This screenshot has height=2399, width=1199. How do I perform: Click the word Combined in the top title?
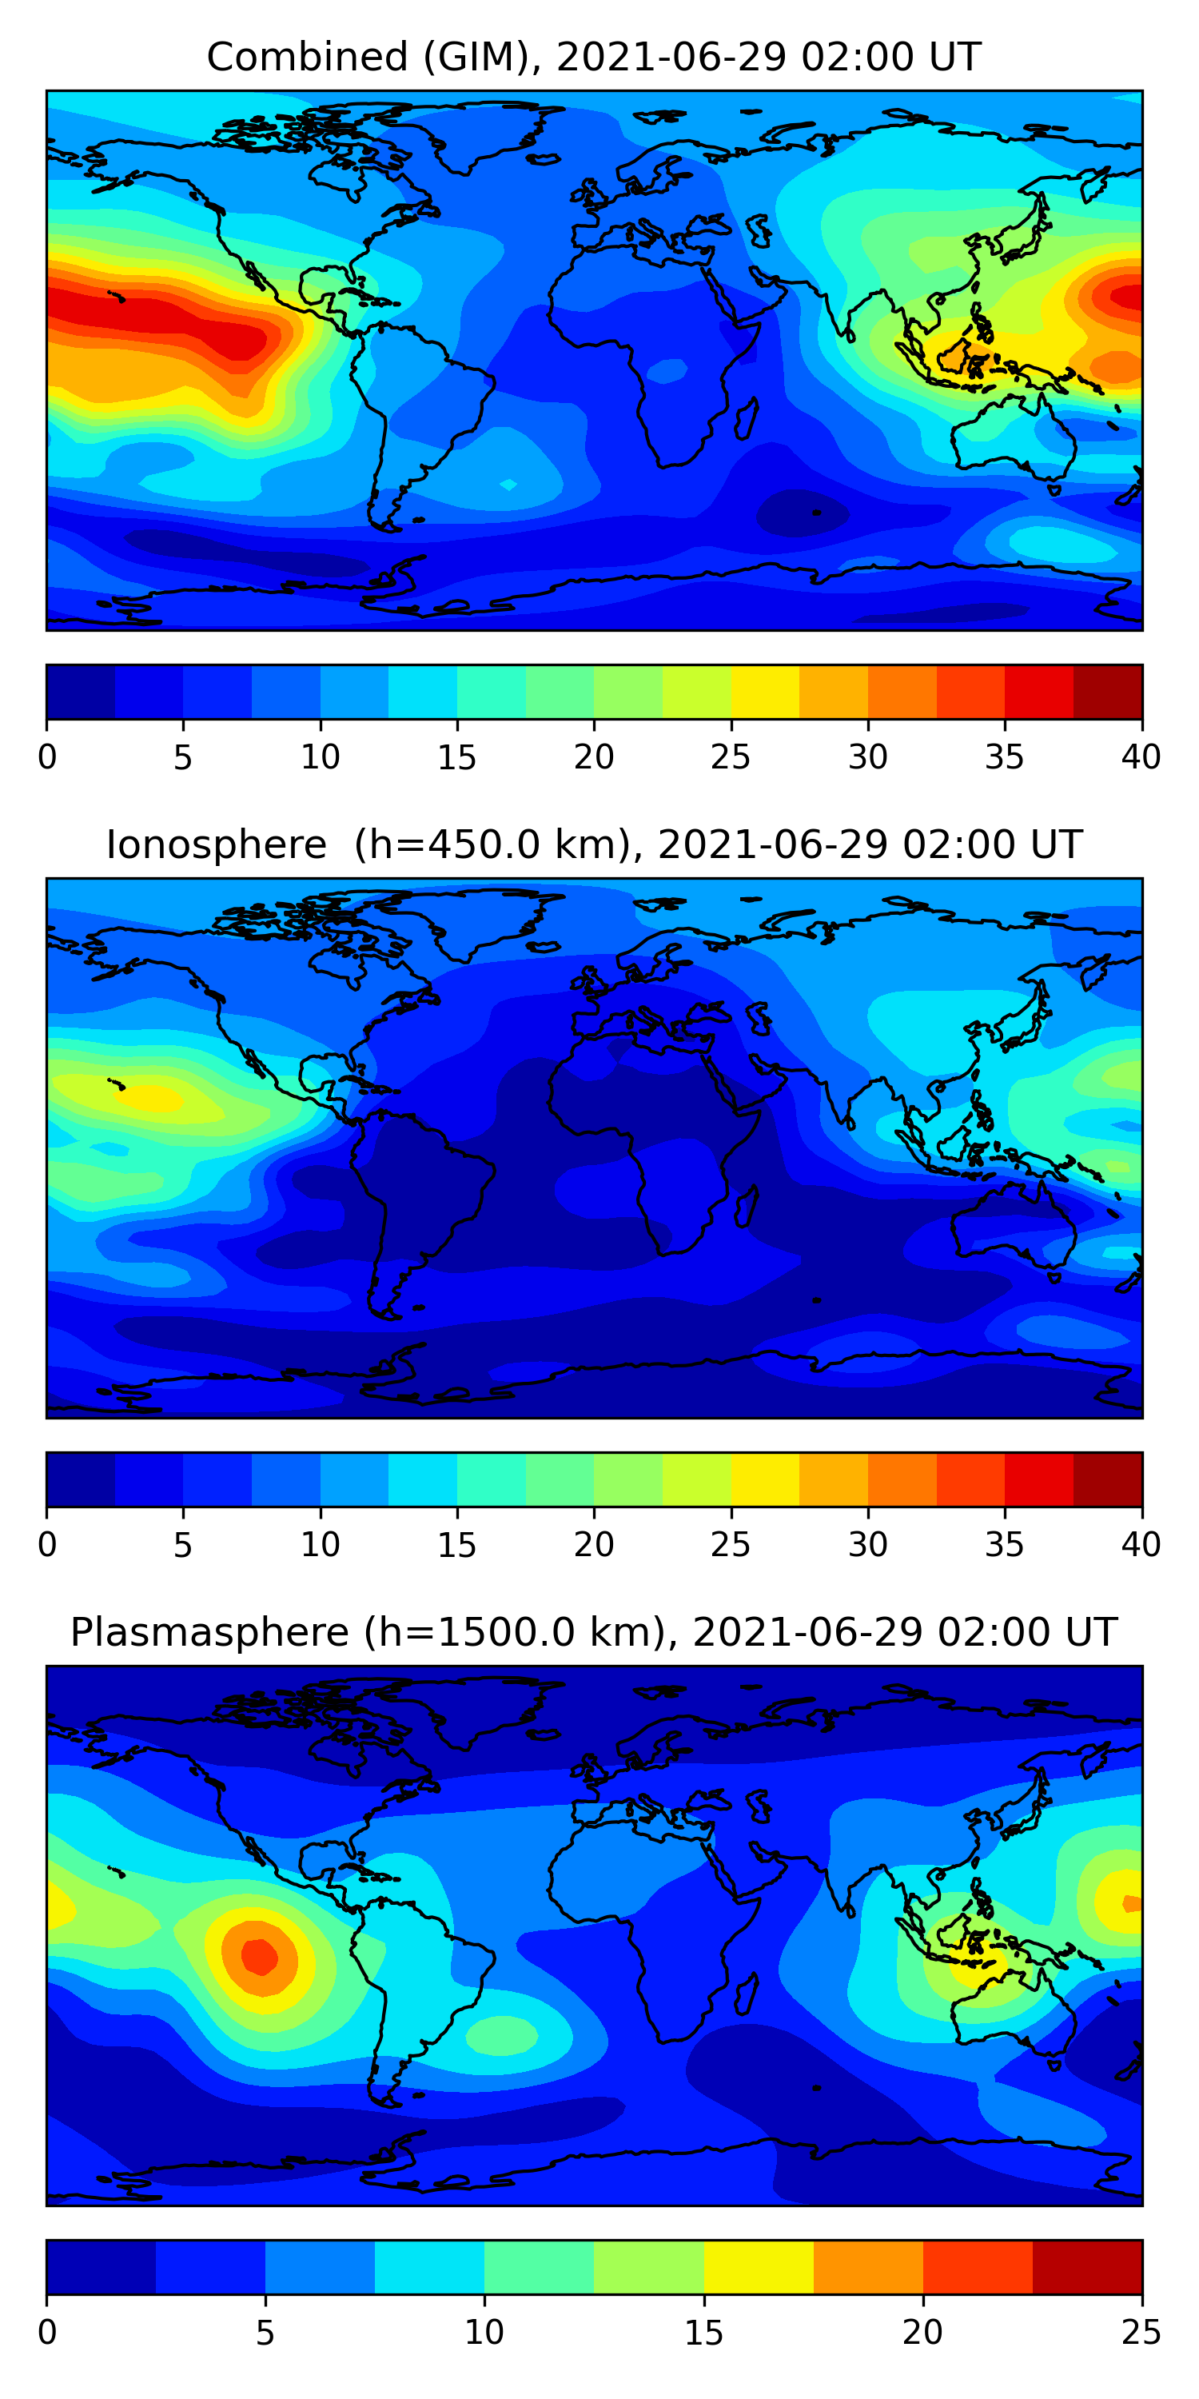(307, 57)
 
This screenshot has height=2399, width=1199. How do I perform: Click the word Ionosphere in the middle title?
(216, 844)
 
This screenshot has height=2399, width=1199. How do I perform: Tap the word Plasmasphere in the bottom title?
(209, 1633)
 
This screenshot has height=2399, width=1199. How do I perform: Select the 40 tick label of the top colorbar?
(1141, 757)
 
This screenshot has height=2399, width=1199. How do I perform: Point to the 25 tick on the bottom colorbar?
(1141, 2332)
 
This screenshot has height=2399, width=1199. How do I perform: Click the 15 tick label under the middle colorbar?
(457, 1545)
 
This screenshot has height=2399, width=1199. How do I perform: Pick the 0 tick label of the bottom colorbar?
(47, 2332)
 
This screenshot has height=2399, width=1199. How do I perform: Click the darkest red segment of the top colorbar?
(1108, 692)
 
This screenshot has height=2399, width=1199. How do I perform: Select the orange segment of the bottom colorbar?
(867, 2267)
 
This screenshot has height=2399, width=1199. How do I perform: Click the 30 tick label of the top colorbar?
(867, 757)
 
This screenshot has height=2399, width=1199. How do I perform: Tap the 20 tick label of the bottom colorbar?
(922, 2332)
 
